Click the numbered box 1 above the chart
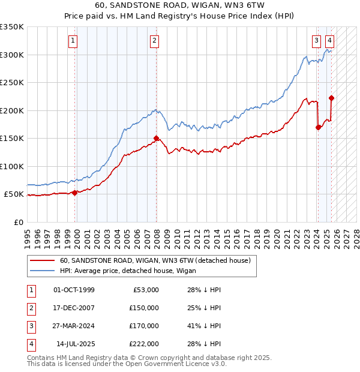point(73,41)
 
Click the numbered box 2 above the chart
point(154,41)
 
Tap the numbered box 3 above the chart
point(316,41)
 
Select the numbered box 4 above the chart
point(329,41)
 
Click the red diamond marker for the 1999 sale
point(75,193)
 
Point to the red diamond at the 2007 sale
point(157,138)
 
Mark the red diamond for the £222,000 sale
point(331,98)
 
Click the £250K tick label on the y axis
point(12,82)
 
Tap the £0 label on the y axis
point(17,222)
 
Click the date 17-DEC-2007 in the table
point(74,308)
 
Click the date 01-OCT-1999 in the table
point(74,290)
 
